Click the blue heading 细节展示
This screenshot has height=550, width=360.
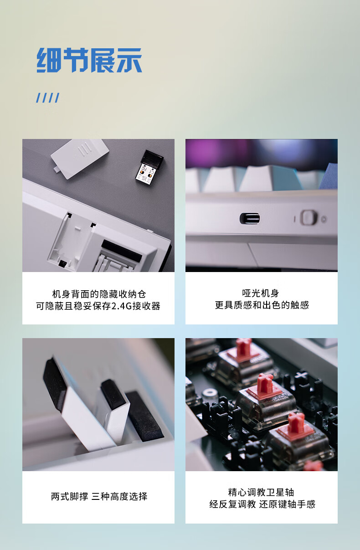tap(89, 60)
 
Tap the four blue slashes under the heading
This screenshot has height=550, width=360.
tap(48, 98)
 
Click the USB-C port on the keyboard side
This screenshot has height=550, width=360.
tap(250, 218)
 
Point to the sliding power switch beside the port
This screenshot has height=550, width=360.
tap(309, 217)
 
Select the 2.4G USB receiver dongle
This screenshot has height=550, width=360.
tap(149, 167)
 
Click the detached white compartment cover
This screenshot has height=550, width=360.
tap(80, 159)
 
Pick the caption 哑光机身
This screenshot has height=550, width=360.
tap(261, 293)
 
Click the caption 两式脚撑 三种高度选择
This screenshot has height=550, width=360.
tap(99, 496)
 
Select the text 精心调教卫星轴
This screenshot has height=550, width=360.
tap(261, 492)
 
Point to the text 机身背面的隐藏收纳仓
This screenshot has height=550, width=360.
tap(99, 294)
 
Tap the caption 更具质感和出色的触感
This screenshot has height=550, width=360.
tap(262, 305)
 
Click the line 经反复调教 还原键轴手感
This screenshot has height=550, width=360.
tap(262, 504)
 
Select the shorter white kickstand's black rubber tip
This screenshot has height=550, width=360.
tap(113, 395)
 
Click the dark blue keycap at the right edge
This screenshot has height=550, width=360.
tap(329, 176)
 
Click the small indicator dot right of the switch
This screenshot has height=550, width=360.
tap(324, 219)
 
